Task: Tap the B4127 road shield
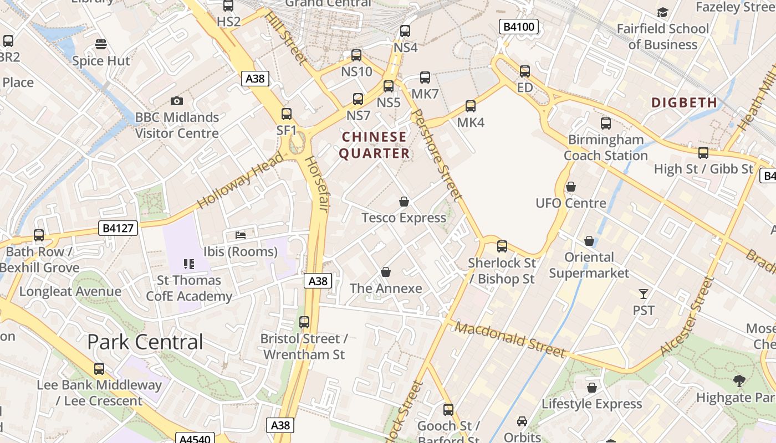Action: pos(119,228)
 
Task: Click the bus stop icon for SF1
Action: pos(287,114)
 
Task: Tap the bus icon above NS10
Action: pos(356,55)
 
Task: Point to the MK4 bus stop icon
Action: pos(471,106)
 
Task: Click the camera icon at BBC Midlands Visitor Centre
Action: pos(177,101)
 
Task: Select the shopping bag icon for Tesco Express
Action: pos(404,202)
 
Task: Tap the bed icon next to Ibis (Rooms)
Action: pos(241,235)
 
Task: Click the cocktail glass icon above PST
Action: pos(644,294)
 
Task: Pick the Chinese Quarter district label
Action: pos(375,145)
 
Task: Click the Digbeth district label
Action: pos(684,102)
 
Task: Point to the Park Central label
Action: pos(145,342)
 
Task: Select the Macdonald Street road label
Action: pos(510,339)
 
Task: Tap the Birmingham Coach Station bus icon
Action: pos(606,123)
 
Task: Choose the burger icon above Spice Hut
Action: pos(100,44)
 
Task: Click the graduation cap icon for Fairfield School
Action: pos(662,12)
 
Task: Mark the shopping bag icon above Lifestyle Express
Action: pos(592,388)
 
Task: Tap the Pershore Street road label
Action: pos(437,154)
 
